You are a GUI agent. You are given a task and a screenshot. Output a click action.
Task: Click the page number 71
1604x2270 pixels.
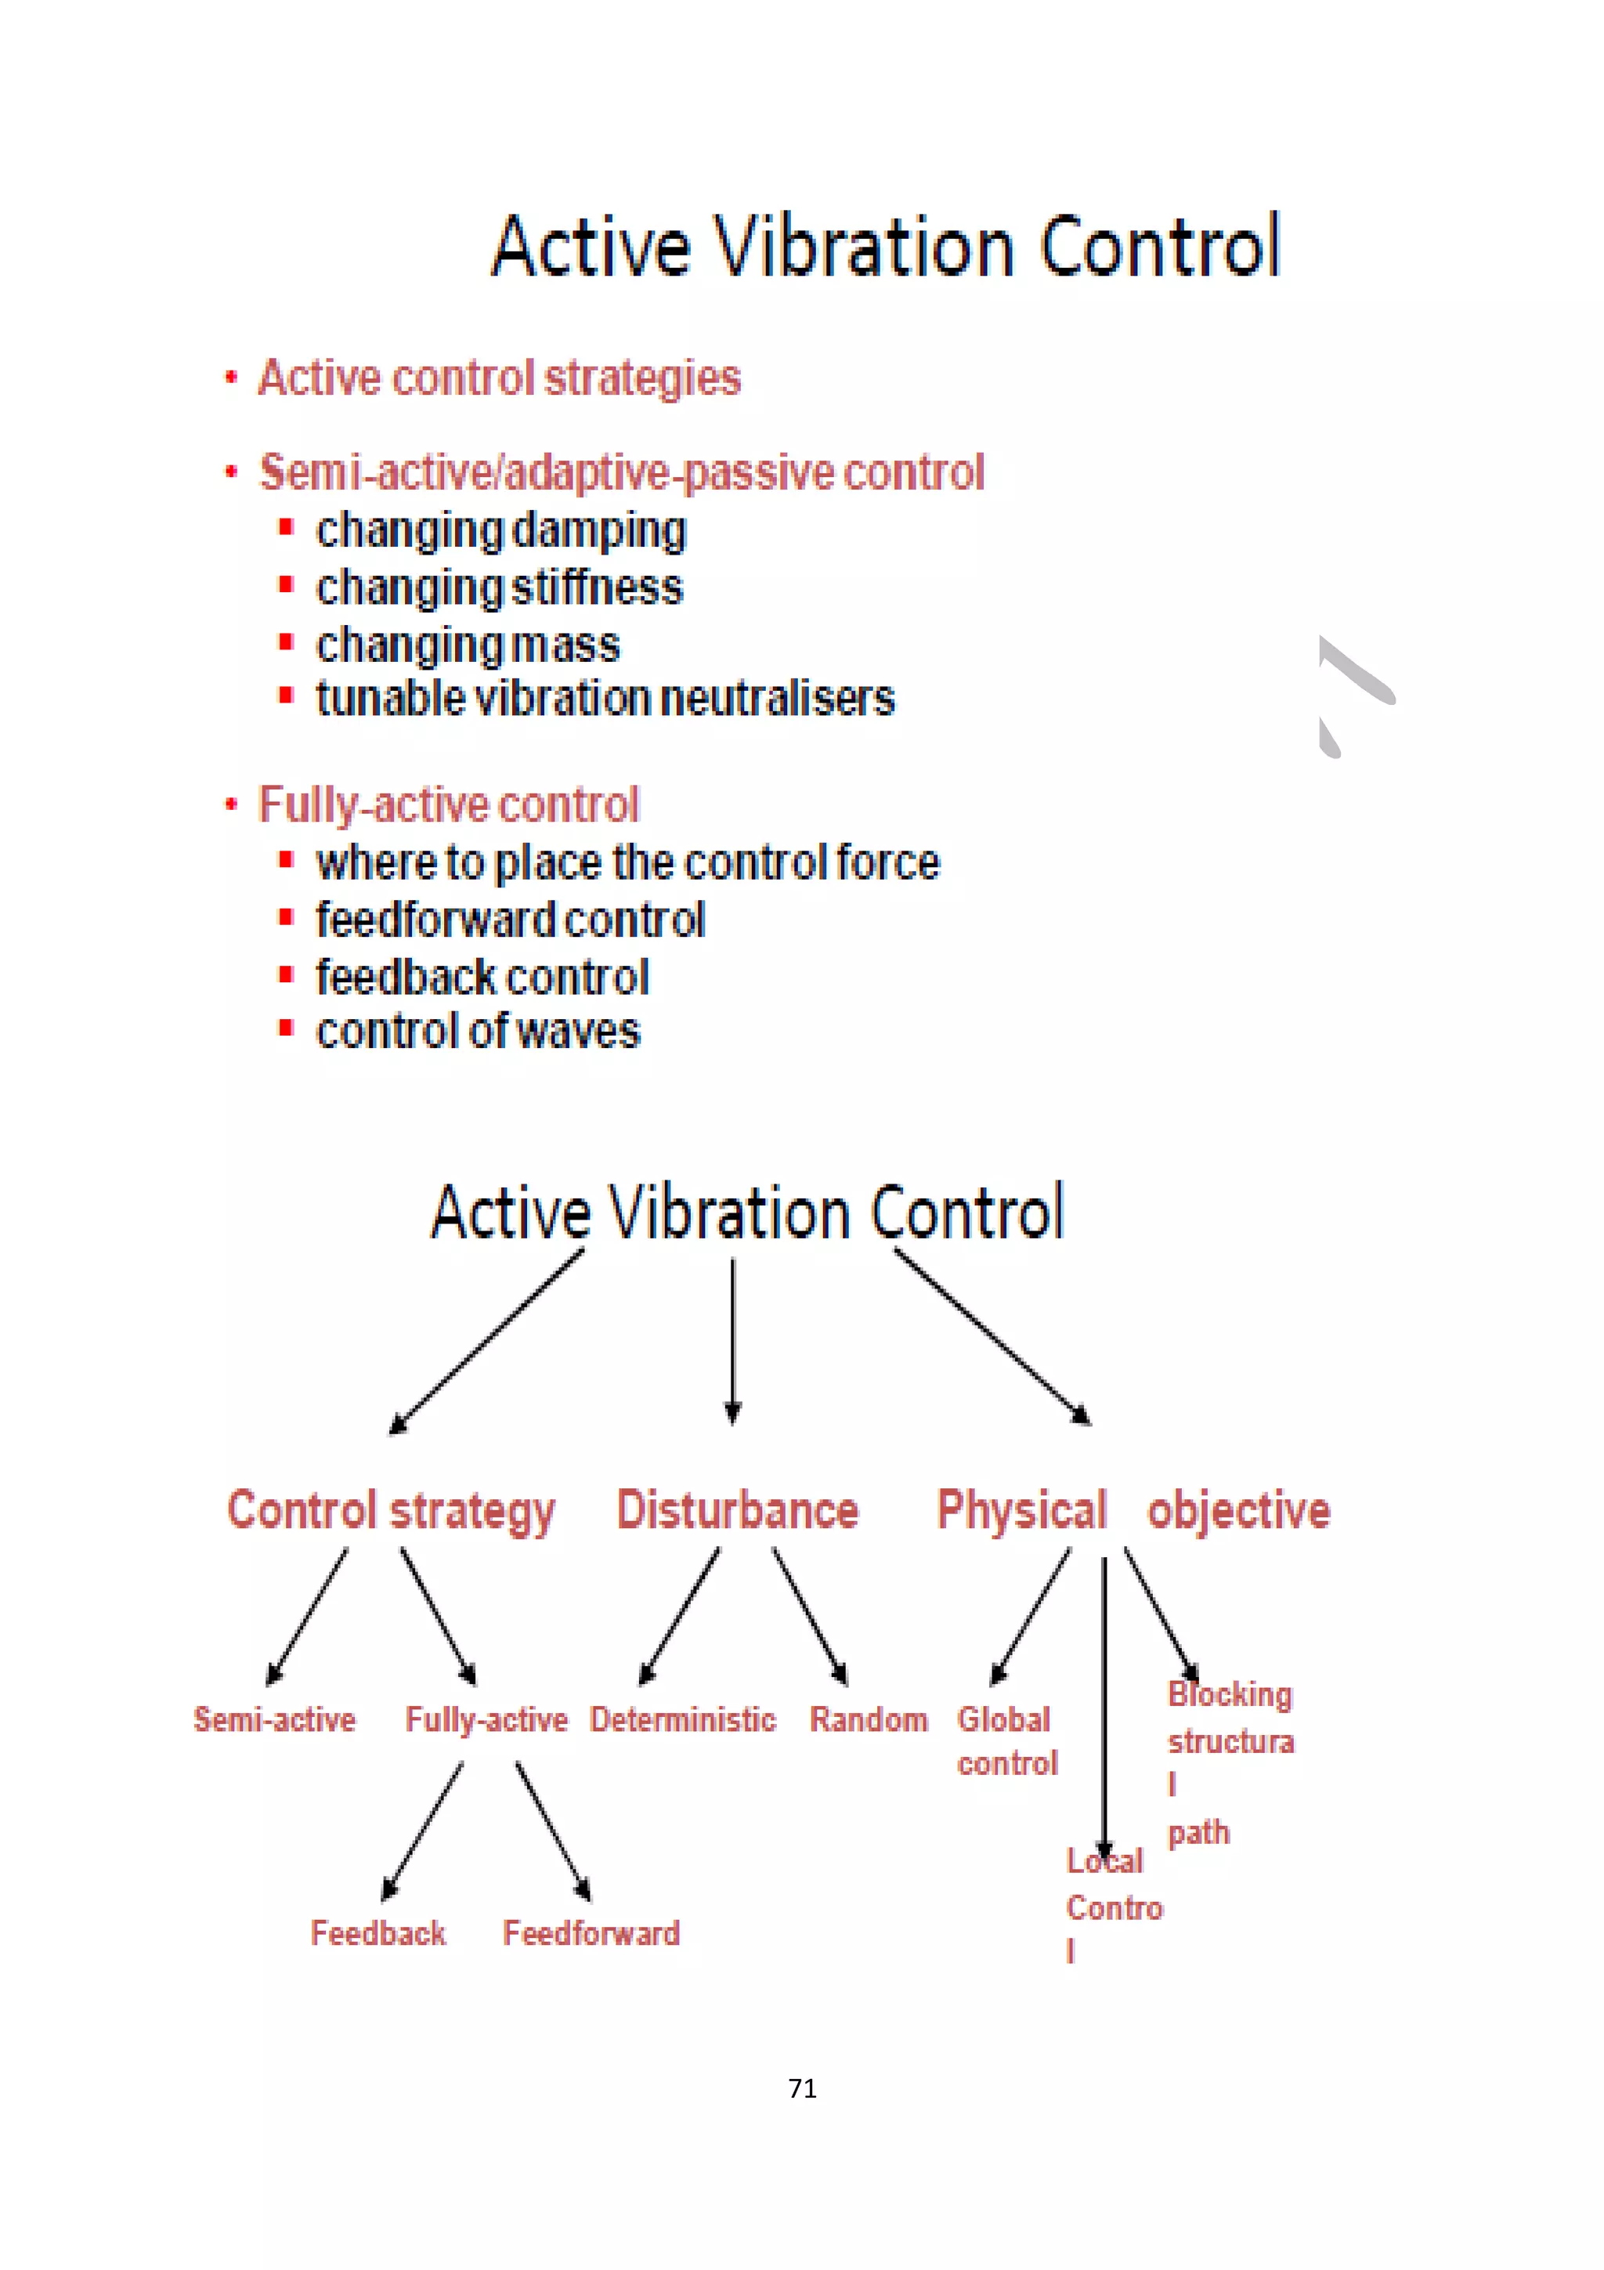[x=801, y=2087]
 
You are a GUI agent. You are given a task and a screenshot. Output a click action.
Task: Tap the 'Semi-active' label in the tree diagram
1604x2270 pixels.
[x=274, y=1719]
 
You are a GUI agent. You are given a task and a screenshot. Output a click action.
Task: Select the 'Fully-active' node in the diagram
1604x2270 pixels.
[x=486, y=1720]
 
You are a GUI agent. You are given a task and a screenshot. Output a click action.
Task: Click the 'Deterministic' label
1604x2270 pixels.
[x=683, y=1719]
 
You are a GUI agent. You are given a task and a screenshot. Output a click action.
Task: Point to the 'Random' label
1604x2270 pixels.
[x=869, y=1719]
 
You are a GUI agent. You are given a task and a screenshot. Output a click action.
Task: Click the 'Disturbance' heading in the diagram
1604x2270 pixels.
[x=737, y=1509]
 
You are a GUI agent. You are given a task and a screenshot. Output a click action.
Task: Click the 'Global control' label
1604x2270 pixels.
[x=1006, y=1741]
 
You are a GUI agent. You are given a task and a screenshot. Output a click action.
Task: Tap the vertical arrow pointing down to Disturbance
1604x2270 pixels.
[x=732, y=1339]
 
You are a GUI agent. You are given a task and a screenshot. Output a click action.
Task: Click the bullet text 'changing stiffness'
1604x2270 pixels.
[x=499, y=587]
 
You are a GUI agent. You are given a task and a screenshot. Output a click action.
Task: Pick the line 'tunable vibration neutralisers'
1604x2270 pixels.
[x=605, y=698]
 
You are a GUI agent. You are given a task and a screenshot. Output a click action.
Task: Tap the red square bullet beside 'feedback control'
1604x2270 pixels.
[x=286, y=975]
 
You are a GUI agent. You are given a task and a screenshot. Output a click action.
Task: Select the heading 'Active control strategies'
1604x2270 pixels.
[x=499, y=378]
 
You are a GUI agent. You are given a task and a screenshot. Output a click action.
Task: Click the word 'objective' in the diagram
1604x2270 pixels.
[x=1238, y=1509]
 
